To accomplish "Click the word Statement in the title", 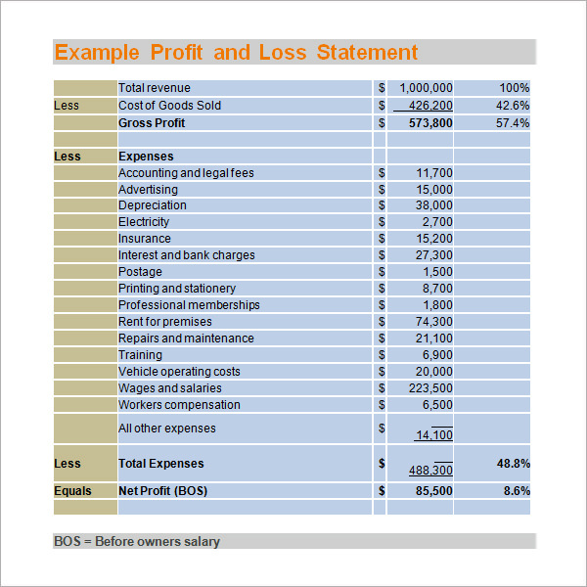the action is click(x=367, y=52).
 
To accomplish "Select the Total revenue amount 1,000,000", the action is click(x=426, y=88).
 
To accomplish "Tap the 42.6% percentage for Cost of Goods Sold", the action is click(x=513, y=106).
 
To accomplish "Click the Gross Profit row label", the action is click(x=152, y=123).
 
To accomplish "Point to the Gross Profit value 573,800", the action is click(x=430, y=123).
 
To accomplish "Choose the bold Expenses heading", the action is click(x=146, y=157).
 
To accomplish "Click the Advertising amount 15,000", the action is click(x=434, y=190).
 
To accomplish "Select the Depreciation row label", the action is click(x=153, y=205).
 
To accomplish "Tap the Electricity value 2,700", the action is click(x=437, y=222).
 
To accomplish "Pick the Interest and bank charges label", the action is click(x=187, y=255).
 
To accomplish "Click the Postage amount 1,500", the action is click(x=438, y=272).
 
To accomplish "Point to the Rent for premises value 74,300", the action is click(x=433, y=322).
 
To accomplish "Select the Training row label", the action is click(x=140, y=355).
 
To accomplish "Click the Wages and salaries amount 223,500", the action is click(x=430, y=388).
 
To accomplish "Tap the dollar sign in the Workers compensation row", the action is click(x=382, y=405).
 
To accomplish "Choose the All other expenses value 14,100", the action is click(x=434, y=435).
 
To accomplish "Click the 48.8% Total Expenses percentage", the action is click(x=514, y=464).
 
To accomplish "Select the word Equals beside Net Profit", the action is click(x=72, y=491).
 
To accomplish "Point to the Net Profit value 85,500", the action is click(x=433, y=491).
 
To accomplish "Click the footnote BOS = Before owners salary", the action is click(x=137, y=541).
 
